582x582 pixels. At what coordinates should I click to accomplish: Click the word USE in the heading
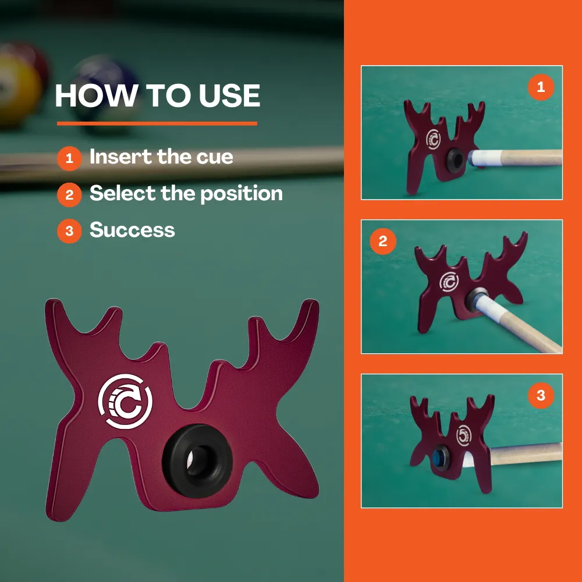click(x=229, y=95)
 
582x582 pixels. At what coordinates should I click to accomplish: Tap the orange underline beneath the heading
click(x=157, y=123)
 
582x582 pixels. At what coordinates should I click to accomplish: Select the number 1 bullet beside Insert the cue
click(x=69, y=158)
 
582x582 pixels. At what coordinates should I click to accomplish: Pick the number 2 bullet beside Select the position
click(x=69, y=195)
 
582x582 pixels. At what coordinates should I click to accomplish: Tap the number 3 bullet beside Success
click(x=69, y=231)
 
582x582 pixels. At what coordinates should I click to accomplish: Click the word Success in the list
click(x=132, y=230)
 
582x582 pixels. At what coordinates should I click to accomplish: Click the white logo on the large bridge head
click(x=125, y=401)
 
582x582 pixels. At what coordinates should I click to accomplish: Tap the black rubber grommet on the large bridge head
click(x=197, y=460)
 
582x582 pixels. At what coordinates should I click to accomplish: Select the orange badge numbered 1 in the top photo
click(x=541, y=87)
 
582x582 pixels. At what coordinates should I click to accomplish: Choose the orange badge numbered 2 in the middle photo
click(x=383, y=242)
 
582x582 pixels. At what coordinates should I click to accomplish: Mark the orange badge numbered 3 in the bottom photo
click(x=541, y=395)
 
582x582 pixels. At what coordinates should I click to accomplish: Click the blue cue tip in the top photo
click(x=471, y=158)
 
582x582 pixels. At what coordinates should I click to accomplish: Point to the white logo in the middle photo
click(x=449, y=282)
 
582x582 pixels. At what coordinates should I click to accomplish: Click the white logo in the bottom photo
click(x=464, y=435)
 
